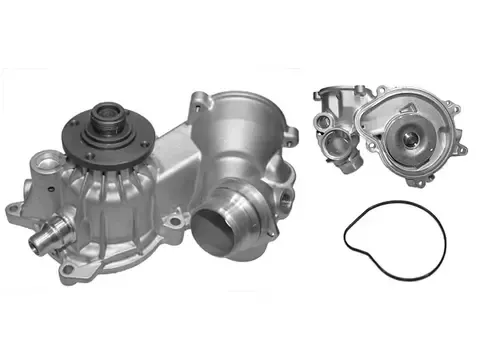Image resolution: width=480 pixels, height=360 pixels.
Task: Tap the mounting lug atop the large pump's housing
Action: pos(198,99)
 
